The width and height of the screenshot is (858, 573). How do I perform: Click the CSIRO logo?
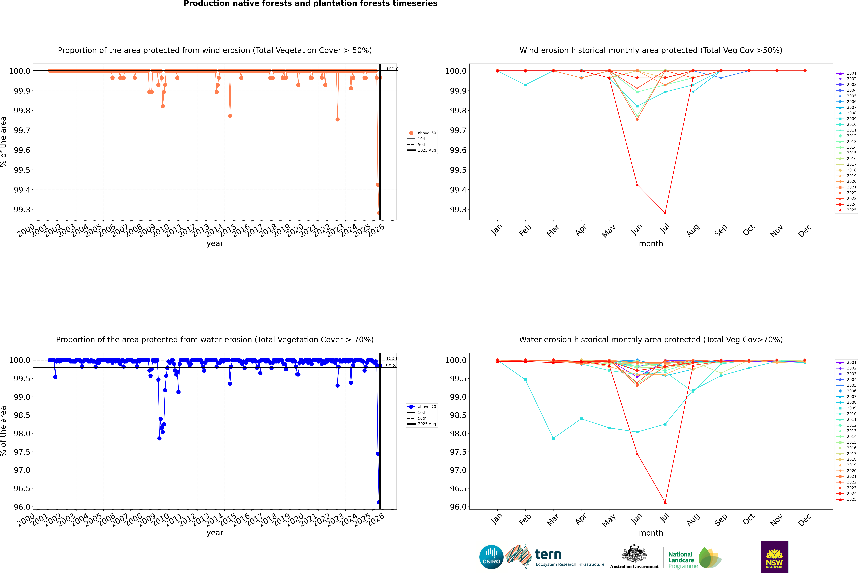(x=491, y=557)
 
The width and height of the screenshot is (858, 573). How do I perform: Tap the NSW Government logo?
(x=774, y=557)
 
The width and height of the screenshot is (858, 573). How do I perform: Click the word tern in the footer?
(x=548, y=555)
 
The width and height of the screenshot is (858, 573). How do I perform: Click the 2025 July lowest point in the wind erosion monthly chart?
(x=665, y=213)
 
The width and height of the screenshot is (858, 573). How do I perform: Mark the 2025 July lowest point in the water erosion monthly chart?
(x=665, y=502)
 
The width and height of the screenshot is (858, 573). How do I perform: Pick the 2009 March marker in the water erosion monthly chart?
(x=553, y=438)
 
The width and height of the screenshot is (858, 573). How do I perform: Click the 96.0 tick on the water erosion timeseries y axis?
(x=22, y=507)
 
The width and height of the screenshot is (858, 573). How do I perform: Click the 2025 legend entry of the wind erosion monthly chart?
(x=846, y=210)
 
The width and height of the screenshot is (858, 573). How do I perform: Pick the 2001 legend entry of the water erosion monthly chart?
(x=846, y=363)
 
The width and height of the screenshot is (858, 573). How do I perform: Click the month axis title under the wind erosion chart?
(x=651, y=244)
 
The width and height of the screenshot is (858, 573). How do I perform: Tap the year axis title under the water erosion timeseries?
(x=215, y=533)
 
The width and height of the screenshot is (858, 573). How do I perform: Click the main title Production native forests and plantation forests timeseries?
(x=310, y=4)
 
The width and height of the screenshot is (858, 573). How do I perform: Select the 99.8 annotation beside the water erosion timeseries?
(x=391, y=366)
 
